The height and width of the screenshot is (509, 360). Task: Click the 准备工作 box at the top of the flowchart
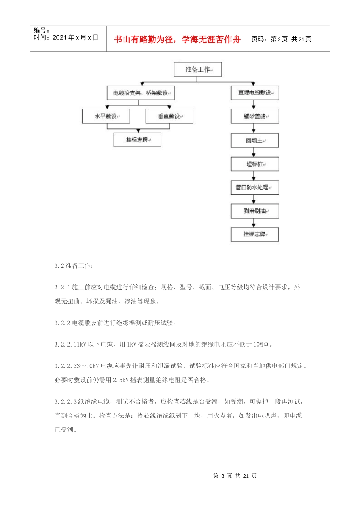(197, 69)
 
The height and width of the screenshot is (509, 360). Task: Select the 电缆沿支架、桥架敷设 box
(140, 93)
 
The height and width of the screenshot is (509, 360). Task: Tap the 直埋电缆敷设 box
(255, 93)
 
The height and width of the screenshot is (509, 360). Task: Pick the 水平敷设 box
(106, 116)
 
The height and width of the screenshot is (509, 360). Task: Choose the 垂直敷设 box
(169, 116)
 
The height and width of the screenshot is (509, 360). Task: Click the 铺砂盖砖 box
(255, 116)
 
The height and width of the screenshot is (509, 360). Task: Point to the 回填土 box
(255, 141)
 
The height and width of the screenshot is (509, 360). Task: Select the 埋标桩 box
(255, 164)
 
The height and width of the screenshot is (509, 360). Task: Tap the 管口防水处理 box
(255, 187)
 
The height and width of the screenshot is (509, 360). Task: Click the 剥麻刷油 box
(255, 211)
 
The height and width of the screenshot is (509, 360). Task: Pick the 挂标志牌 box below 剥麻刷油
(255, 234)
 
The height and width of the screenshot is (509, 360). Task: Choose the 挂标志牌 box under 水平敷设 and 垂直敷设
(137, 140)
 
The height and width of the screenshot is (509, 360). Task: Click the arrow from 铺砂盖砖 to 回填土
(254, 129)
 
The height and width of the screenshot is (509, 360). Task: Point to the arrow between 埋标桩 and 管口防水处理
(254, 176)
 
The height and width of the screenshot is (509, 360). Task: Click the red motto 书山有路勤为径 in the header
(177, 39)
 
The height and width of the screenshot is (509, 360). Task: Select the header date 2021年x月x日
(75, 37)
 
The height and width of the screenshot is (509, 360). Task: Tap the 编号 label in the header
(41, 30)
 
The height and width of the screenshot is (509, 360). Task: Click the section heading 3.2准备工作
(74, 266)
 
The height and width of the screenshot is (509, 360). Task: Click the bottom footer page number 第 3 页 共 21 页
(235, 476)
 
